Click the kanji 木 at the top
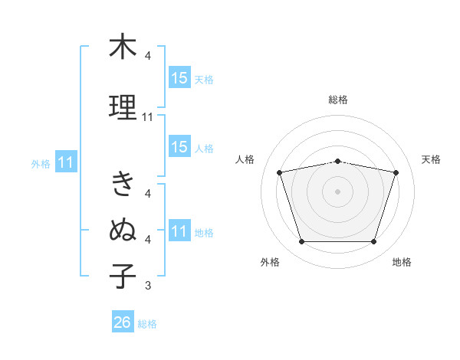(x=123, y=46)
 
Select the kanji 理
(x=123, y=107)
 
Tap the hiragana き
(x=123, y=184)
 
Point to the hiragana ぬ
(x=123, y=229)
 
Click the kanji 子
(x=123, y=276)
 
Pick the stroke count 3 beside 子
(x=148, y=285)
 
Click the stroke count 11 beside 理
(x=147, y=117)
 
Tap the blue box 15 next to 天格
(x=179, y=77)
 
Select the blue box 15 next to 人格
(x=179, y=146)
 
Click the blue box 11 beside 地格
(x=179, y=230)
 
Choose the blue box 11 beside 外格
(x=66, y=162)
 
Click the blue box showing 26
(x=123, y=321)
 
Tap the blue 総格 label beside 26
(x=147, y=324)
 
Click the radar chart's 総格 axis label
(x=338, y=100)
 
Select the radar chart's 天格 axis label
(x=431, y=159)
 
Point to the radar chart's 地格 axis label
(x=402, y=262)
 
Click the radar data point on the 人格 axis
(x=280, y=172)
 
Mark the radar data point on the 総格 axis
(x=337, y=162)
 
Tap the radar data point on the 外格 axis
(x=302, y=242)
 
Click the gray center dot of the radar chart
(x=337, y=191)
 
